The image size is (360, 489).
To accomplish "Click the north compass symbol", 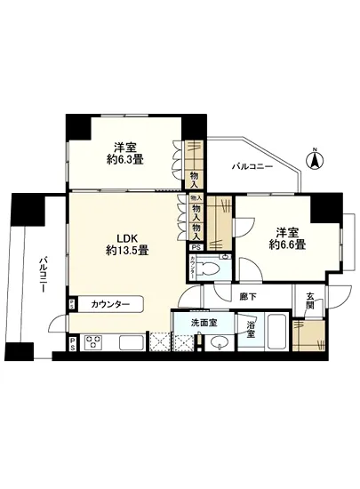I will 313,160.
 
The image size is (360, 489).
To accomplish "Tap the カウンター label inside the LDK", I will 110,305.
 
